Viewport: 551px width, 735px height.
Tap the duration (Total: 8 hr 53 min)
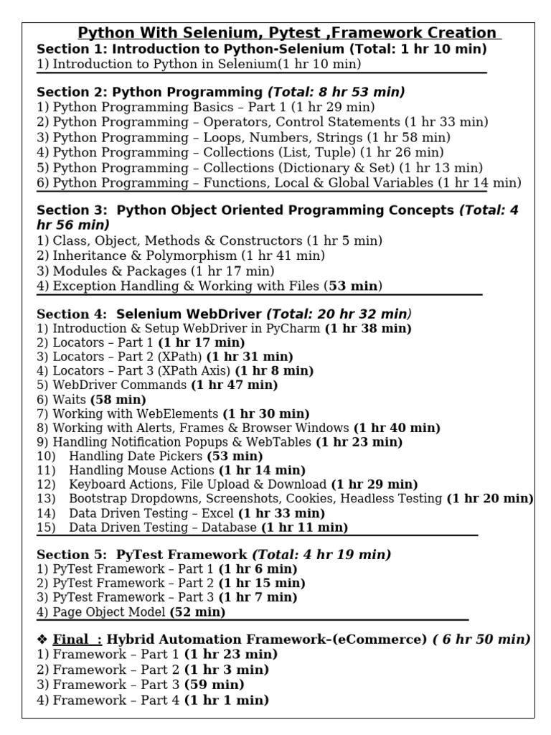point(336,92)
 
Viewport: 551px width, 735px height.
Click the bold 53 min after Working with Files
point(354,286)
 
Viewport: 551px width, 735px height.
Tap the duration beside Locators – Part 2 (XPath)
point(250,356)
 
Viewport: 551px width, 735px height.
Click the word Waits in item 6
point(69,399)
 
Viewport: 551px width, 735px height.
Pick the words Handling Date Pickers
point(136,456)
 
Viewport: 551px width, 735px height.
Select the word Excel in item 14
point(217,513)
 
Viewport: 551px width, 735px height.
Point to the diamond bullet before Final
point(42,640)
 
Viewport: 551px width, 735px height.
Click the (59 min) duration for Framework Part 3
point(215,684)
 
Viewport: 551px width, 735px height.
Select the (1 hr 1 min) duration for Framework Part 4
point(227,700)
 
